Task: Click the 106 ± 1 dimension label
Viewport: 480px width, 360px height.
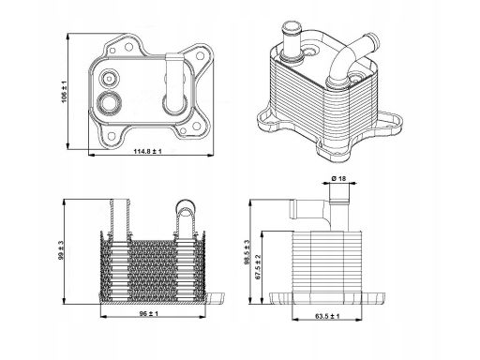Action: (x=64, y=92)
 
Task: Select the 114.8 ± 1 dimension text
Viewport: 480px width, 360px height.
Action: (x=148, y=151)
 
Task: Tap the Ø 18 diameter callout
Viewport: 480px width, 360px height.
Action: (x=338, y=178)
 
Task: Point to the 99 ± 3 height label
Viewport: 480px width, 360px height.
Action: (x=61, y=250)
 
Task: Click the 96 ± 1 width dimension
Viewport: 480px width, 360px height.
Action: (x=149, y=313)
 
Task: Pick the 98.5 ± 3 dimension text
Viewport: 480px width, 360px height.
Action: (x=247, y=252)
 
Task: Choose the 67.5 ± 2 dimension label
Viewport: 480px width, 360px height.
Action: (x=258, y=266)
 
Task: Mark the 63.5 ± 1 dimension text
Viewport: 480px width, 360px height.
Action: (x=327, y=316)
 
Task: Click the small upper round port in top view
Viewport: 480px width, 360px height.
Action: (x=109, y=78)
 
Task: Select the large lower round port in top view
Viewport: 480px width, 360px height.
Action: (x=109, y=102)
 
